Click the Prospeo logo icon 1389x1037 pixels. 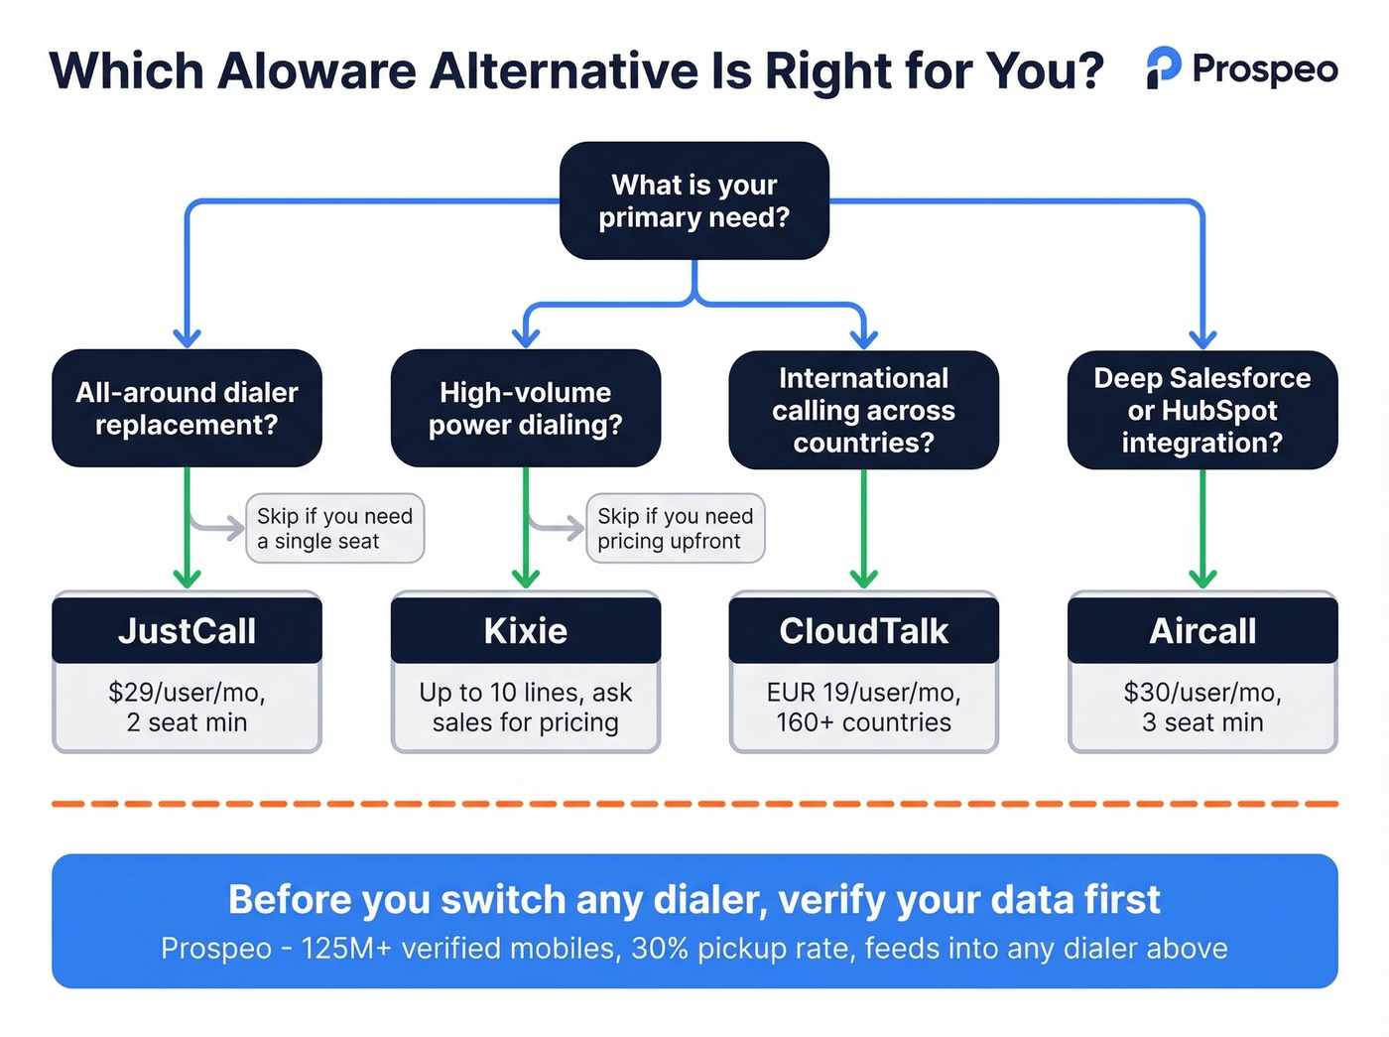pyautogui.click(x=1163, y=67)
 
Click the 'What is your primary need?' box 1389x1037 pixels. pyautogui.click(x=694, y=201)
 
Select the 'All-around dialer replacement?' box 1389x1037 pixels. pyautogui.click(x=187, y=408)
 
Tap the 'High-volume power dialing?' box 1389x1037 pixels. pyautogui.click(x=525, y=408)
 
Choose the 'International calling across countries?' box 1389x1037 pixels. pyautogui.click(x=863, y=410)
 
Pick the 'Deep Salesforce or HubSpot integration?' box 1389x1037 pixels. pyautogui.click(x=1201, y=410)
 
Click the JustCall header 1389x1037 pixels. pyautogui.click(x=187, y=630)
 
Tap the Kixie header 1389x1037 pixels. pyautogui.click(x=525, y=630)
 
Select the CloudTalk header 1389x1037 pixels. pyautogui.click(x=863, y=630)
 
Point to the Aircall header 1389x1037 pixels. pyautogui.click(x=1201, y=630)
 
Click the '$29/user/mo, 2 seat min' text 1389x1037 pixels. pyautogui.click(x=187, y=707)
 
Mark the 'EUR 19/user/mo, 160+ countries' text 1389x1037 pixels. pyautogui.click(x=863, y=707)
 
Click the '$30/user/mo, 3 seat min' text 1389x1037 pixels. pyautogui.click(x=1201, y=707)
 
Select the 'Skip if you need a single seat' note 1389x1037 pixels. pyautogui.click(x=334, y=528)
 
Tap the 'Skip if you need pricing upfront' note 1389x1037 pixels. pyautogui.click(x=675, y=528)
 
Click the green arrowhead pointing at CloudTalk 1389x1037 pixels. pyautogui.click(x=863, y=577)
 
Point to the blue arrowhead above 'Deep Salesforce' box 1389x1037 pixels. pyautogui.click(x=1202, y=337)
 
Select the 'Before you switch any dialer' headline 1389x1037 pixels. pyautogui.click(x=694, y=899)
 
